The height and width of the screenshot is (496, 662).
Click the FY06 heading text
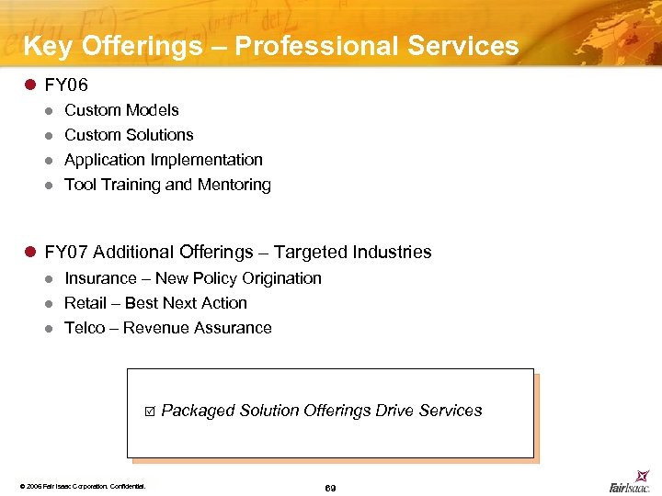pos(66,85)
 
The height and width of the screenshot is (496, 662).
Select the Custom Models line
pos(121,110)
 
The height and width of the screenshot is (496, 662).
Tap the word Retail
pos(86,303)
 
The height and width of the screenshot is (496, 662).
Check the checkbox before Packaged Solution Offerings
pos(149,411)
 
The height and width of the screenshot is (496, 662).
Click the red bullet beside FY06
pos(29,85)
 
